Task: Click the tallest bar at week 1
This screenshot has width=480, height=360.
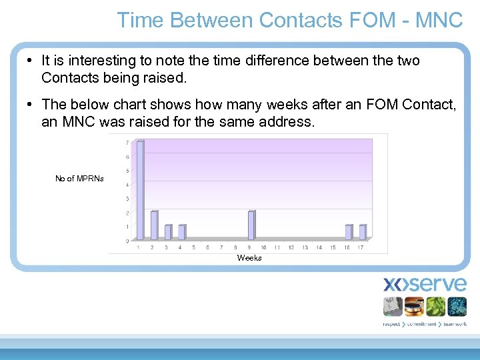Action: [x=140, y=190]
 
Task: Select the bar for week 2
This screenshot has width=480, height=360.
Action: [x=154, y=225]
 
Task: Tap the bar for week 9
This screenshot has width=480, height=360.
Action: [x=251, y=225]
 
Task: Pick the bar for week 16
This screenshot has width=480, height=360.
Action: [x=348, y=232]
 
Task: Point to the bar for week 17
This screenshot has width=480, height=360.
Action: [x=362, y=232]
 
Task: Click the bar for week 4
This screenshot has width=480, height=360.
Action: [x=181, y=232]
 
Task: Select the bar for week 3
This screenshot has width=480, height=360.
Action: [x=168, y=232]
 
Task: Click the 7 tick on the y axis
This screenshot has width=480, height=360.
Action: [x=127, y=143]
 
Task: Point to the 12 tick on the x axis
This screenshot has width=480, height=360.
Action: [x=291, y=247]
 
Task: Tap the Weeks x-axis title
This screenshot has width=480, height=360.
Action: [x=249, y=258]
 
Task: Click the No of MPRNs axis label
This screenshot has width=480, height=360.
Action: [x=79, y=179]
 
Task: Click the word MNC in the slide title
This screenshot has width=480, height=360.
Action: [x=439, y=20]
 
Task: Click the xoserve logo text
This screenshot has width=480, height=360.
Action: [x=425, y=285]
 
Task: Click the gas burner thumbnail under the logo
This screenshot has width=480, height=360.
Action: [x=413, y=306]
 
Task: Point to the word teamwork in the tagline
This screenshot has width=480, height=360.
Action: [x=453, y=324]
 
